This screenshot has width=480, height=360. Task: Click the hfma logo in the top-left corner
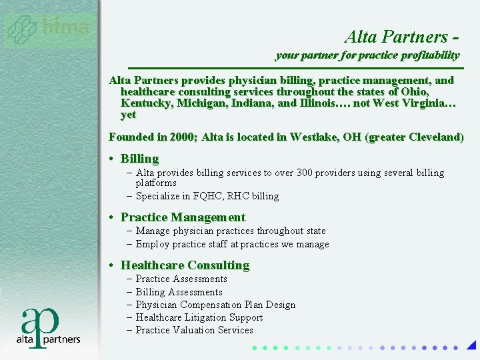tap(47, 29)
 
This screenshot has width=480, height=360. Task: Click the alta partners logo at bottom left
tap(48, 327)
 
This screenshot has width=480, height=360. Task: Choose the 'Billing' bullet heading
tap(139, 159)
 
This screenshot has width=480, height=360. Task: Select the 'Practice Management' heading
tap(183, 217)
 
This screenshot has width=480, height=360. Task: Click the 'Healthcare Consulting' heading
tap(185, 265)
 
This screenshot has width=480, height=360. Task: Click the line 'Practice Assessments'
tap(181, 279)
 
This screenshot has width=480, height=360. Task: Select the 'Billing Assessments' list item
tap(179, 292)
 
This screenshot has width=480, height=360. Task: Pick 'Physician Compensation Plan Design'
tap(215, 305)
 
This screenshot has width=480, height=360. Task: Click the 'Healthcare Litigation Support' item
tap(199, 317)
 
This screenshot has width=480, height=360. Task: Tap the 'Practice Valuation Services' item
tap(195, 330)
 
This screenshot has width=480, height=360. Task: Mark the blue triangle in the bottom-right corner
tap(471, 345)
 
